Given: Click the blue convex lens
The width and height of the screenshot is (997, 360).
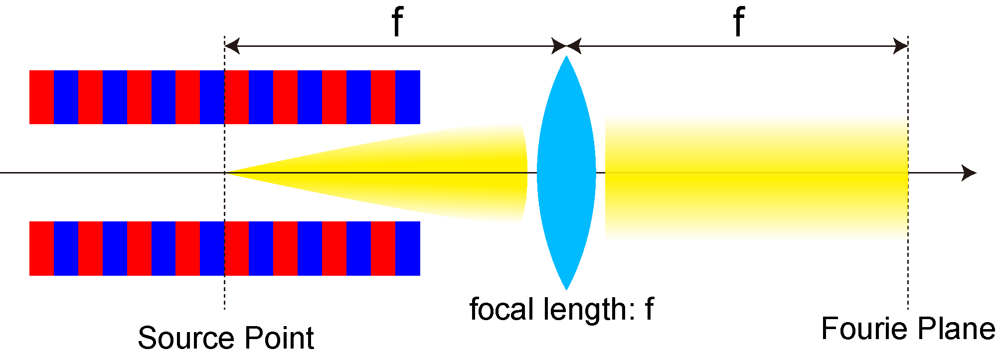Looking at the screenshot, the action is pos(566,173).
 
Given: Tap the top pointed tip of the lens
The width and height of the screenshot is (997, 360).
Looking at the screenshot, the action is pos(566,55).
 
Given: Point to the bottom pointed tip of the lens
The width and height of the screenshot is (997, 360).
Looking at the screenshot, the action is pos(566,290).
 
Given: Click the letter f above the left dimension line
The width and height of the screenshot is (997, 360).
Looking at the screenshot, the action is pos(397,22).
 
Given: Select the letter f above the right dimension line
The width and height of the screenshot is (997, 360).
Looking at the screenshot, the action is pos(739,22).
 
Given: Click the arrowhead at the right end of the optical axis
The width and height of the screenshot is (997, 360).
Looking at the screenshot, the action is pos(969,173).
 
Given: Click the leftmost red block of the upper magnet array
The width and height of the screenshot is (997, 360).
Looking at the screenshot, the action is pos(41,97).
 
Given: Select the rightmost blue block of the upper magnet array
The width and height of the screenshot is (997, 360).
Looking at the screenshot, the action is pos(408,97).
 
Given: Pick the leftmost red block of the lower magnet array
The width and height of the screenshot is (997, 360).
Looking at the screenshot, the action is pos(41,248).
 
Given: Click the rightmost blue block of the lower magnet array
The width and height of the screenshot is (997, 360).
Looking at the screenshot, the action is pos(408,248).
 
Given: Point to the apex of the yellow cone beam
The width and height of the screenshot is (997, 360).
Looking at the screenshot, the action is pos(226,173).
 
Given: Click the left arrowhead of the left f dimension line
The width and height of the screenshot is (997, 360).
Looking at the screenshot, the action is pos(232,46).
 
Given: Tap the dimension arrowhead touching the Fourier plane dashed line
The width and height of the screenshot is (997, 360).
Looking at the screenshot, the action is pos(900,46).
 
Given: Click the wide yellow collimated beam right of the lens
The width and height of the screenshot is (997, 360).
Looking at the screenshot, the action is pos(756,178).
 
